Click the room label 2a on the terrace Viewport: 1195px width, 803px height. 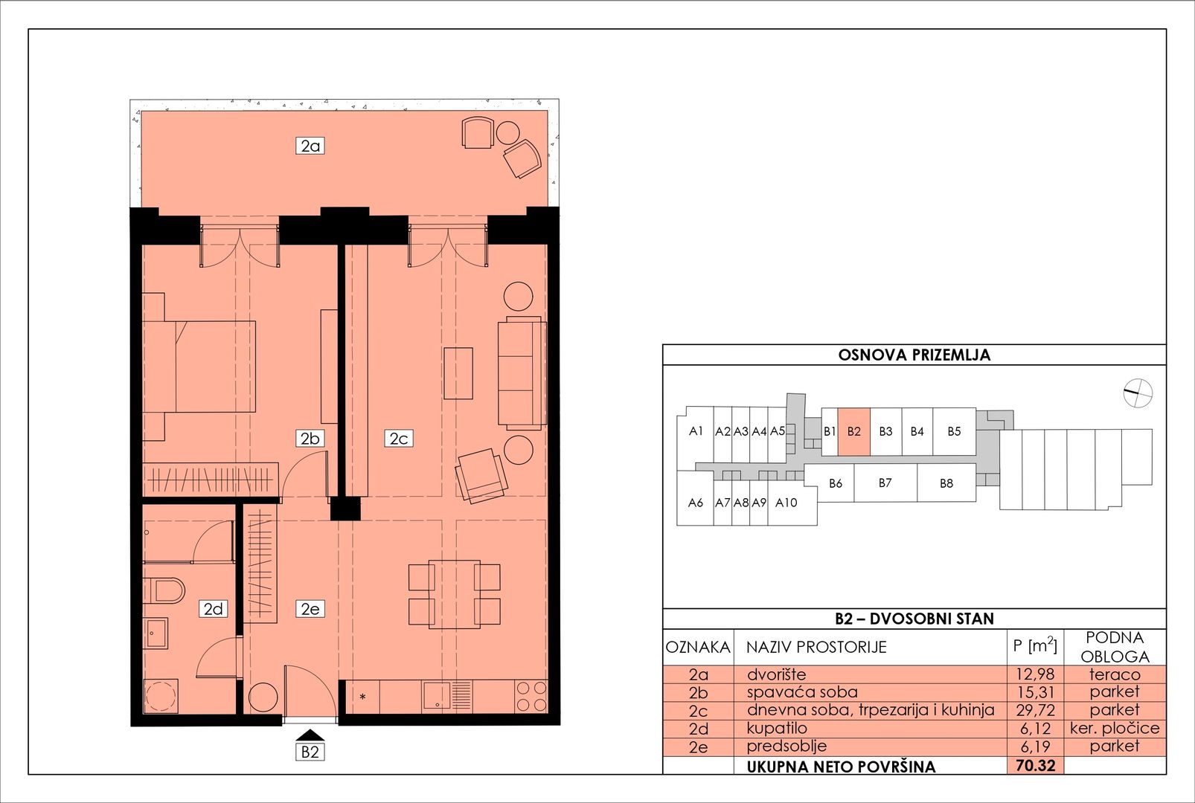point(310,146)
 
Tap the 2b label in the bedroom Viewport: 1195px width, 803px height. point(310,438)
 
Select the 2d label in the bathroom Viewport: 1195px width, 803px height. point(214,608)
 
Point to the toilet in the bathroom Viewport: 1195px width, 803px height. point(164,590)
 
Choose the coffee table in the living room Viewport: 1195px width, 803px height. point(458,373)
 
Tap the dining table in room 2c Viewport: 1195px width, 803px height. point(455,594)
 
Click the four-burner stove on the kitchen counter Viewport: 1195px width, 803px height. point(531,697)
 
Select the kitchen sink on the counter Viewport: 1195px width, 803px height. point(447,696)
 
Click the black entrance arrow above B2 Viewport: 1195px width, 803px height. point(310,735)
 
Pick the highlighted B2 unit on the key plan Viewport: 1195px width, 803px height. point(854,431)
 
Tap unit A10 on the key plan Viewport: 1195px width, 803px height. point(786,503)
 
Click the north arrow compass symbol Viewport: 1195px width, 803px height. point(1138,393)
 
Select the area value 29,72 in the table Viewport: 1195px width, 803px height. point(1035,710)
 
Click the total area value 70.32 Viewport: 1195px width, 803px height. point(1036,765)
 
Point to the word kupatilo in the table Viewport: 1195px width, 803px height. point(777,729)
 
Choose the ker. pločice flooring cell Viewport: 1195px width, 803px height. point(1115,728)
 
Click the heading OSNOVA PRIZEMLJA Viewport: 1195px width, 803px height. point(914,355)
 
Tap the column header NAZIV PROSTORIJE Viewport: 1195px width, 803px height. point(816,647)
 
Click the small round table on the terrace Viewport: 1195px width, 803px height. point(508,133)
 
